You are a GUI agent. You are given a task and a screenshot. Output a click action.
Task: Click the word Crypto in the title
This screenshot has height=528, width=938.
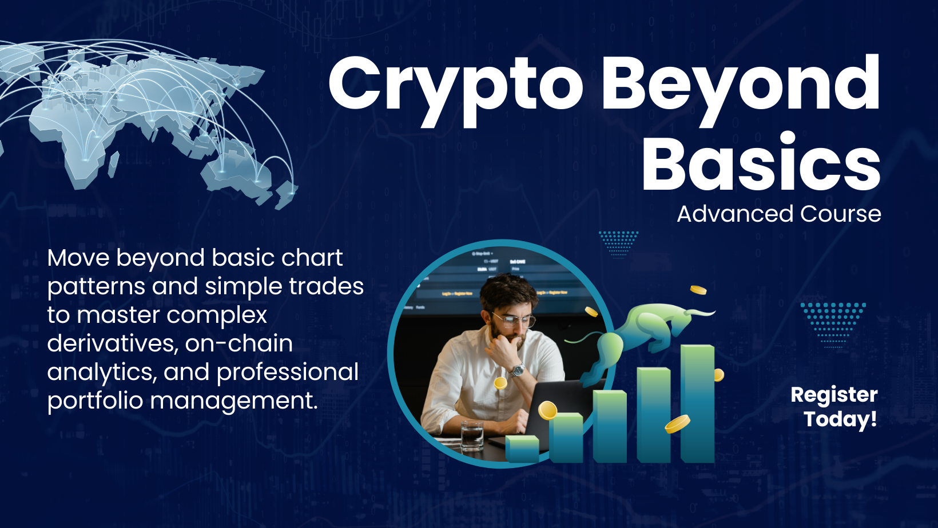pos(456,90)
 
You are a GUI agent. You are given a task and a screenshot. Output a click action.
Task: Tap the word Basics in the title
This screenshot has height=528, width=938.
pos(761,162)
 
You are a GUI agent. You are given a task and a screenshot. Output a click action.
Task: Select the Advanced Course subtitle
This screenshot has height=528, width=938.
pos(779,214)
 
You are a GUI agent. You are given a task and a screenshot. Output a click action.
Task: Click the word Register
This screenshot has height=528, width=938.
pos(834,395)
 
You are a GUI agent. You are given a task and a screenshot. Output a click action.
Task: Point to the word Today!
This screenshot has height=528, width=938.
pos(840,419)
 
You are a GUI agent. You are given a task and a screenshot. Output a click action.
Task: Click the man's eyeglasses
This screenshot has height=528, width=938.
pos(514,321)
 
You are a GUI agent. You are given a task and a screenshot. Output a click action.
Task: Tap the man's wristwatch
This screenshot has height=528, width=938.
pos(518,370)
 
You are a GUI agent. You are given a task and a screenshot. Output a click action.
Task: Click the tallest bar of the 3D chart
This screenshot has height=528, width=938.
pos(698,403)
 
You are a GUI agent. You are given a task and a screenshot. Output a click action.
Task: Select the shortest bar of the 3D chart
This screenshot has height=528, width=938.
pos(522,449)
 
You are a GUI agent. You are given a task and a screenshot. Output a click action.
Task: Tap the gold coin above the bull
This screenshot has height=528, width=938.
pos(698,290)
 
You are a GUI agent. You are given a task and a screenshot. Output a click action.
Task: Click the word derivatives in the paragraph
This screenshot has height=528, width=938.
pos(110,343)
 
